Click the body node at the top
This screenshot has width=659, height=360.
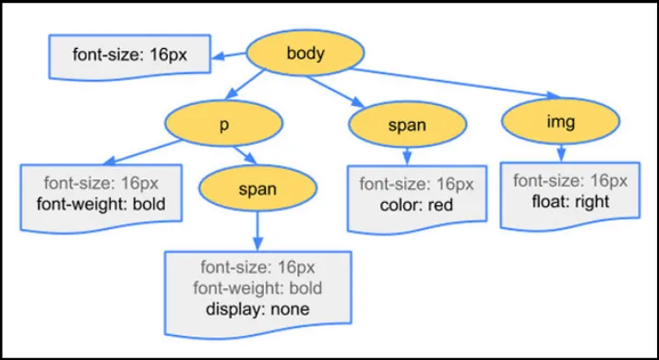[305, 54]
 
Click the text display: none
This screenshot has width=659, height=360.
[258, 309]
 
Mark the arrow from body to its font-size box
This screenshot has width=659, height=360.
[234, 58]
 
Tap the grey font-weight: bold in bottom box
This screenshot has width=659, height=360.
[258, 289]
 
